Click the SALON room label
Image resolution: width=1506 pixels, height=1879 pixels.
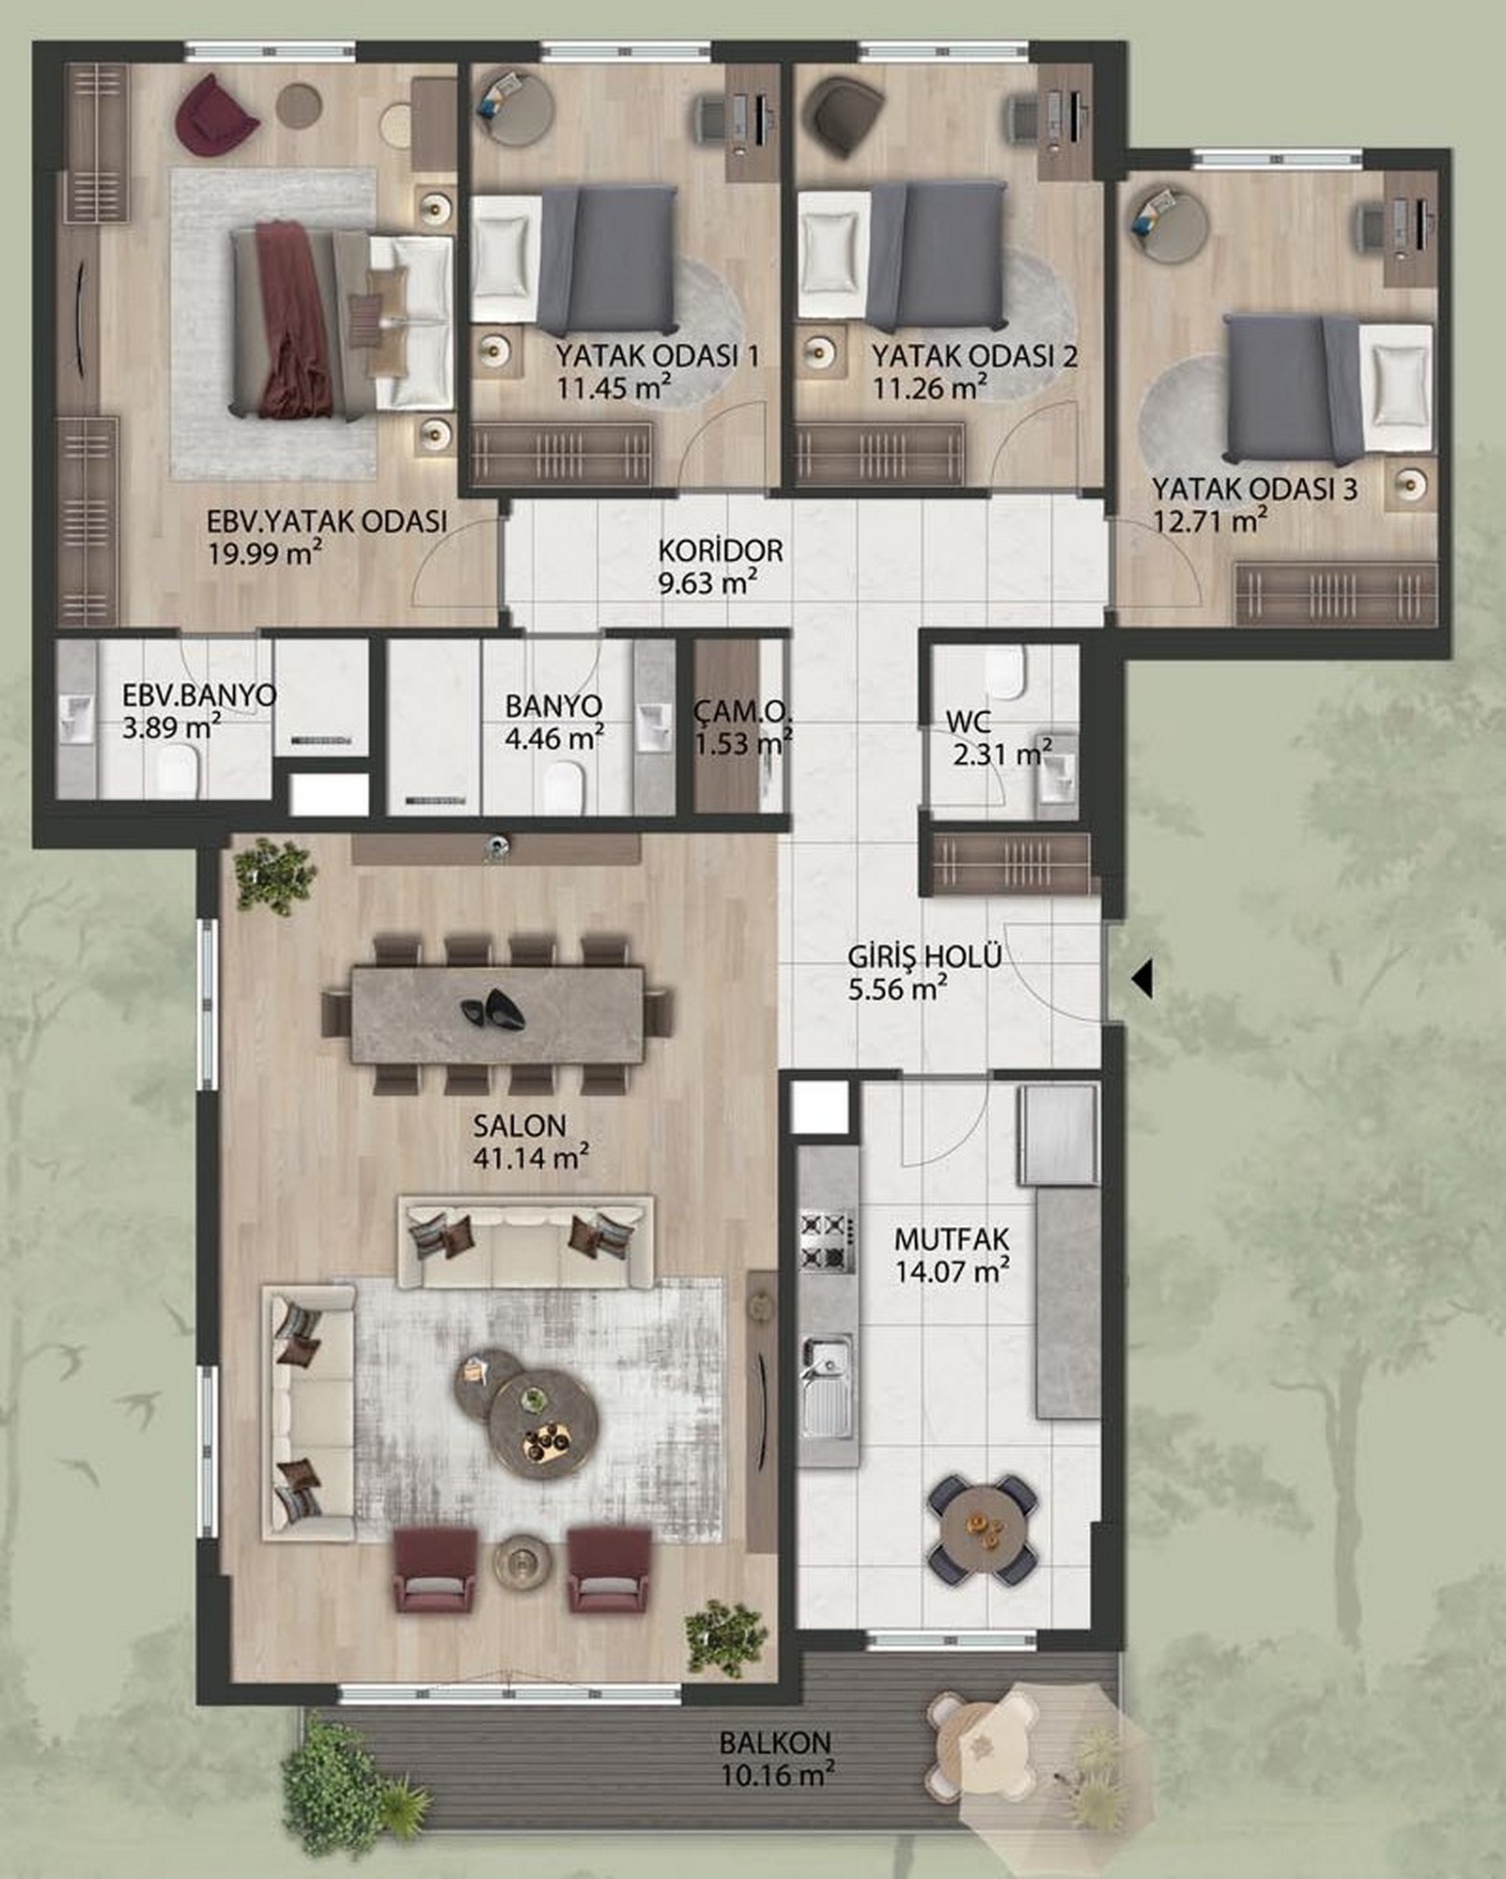click(x=520, y=1125)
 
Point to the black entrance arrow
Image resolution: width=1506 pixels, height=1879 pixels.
click(x=1141, y=980)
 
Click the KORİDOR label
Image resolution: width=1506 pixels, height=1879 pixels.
click(x=721, y=550)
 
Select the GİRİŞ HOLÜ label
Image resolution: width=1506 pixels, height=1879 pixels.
click(x=924, y=957)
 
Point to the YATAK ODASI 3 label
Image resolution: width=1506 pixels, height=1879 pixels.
click(x=1255, y=489)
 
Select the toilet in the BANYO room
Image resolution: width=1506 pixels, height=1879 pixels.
click(x=565, y=785)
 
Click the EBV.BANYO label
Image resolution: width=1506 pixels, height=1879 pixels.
click(x=200, y=695)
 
